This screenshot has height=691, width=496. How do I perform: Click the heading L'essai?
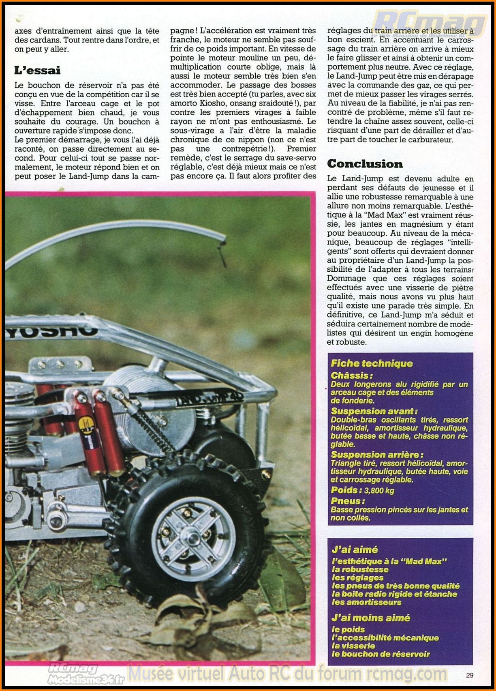coord(37,71)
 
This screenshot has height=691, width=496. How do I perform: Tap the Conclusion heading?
coord(365,164)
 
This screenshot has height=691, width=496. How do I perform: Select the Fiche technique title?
coord(372,363)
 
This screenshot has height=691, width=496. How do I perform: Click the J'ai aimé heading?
coord(355,549)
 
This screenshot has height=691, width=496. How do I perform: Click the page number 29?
coord(470,675)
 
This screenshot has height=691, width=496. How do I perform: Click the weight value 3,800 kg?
coord(379,491)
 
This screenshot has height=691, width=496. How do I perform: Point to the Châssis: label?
coord(351,376)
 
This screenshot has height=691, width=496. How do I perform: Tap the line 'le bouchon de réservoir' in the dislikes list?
coord(381,654)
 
